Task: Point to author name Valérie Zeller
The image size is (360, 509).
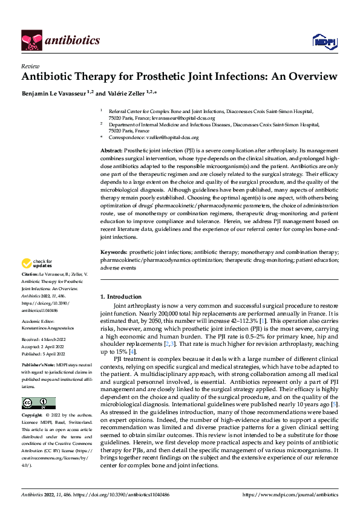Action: point(131,92)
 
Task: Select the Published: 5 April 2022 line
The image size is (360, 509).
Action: point(45,355)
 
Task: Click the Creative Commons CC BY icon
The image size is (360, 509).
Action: point(38,403)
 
